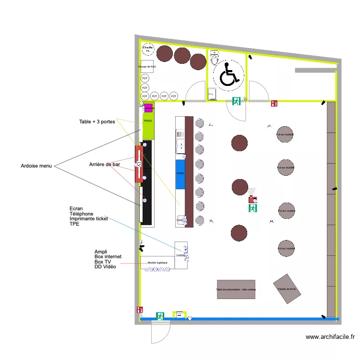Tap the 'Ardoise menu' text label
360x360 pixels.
[x=36, y=166]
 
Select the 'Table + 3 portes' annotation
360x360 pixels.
[x=97, y=122]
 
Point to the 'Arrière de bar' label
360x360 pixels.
[x=104, y=165]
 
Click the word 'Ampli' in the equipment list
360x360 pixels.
[x=101, y=252]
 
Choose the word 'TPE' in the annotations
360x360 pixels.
[x=74, y=224]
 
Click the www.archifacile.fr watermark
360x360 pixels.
[x=330, y=337]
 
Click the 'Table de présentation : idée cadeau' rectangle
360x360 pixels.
[x=236, y=289]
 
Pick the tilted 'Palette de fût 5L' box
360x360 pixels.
[x=288, y=288]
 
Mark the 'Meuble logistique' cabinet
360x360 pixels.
[x=157, y=263]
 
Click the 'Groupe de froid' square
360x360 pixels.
[x=147, y=67]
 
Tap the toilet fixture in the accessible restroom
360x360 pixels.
[x=215, y=59]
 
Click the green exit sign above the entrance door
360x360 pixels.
[x=160, y=316]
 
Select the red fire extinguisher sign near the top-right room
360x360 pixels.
[x=274, y=103]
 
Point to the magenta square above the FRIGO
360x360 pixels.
[x=148, y=108]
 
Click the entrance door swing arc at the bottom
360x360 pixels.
[x=161, y=332]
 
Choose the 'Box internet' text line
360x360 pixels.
[x=108, y=257]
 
